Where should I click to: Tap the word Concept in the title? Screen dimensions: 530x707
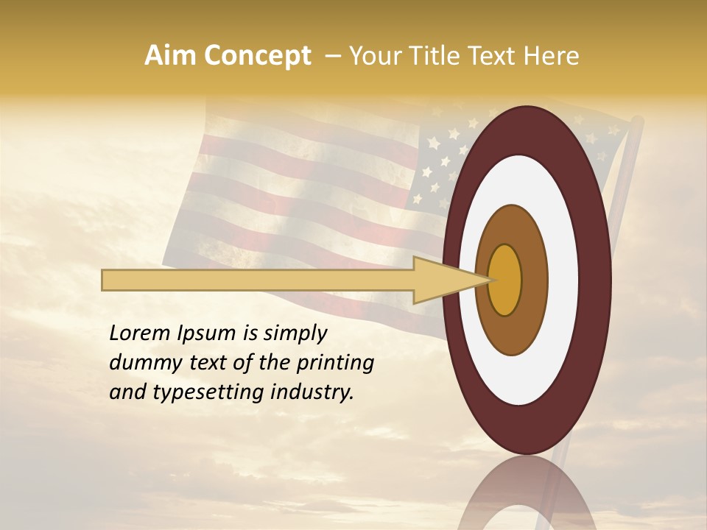tap(258, 56)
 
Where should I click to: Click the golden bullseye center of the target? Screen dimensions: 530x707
tap(504, 280)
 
